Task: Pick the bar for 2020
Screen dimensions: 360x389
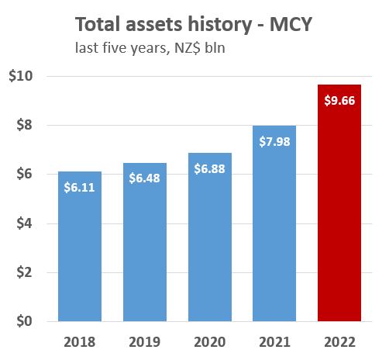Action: tap(210, 248)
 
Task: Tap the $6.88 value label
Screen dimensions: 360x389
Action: tap(210, 168)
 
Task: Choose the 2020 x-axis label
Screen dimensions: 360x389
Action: tap(210, 342)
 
